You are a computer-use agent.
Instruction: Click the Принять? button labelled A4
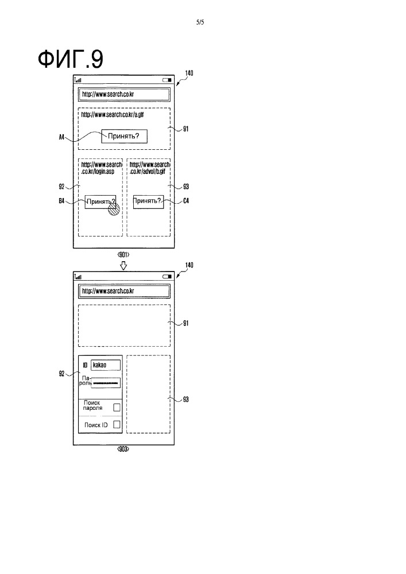point(123,136)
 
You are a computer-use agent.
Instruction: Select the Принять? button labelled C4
point(148,201)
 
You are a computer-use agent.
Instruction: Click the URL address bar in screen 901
point(124,94)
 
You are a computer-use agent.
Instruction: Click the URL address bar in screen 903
point(124,291)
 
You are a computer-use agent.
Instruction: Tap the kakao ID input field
point(106,364)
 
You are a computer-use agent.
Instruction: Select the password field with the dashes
point(106,382)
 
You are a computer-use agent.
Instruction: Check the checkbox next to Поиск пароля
point(117,407)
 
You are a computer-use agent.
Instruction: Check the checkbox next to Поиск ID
point(117,425)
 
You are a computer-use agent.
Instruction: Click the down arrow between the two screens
point(123,265)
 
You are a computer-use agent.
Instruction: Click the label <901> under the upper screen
point(123,254)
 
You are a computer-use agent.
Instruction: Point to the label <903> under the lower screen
point(122,450)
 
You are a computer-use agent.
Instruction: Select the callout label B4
point(62,201)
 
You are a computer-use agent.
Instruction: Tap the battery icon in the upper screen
point(167,80)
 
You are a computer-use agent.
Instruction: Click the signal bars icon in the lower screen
point(78,277)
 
